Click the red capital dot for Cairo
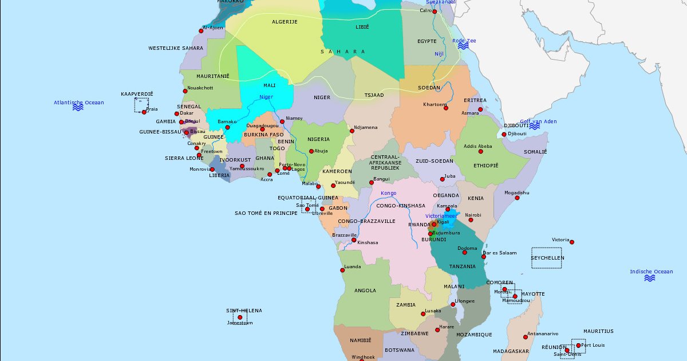(x=435, y=11)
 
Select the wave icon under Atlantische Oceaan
(x=78, y=108)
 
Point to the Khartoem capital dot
(x=446, y=108)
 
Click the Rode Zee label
(x=464, y=41)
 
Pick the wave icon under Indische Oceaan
(x=650, y=278)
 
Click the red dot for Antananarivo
(x=526, y=337)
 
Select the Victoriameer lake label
(x=441, y=216)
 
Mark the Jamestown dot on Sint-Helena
(x=240, y=317)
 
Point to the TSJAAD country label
(x=374, y=95)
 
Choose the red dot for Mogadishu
(x=517, y=198)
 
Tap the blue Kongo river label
(x=388, y=193)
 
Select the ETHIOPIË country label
(x=485, y=165)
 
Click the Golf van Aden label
(x=538, y=121)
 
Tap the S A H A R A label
(x=342, y=52)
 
